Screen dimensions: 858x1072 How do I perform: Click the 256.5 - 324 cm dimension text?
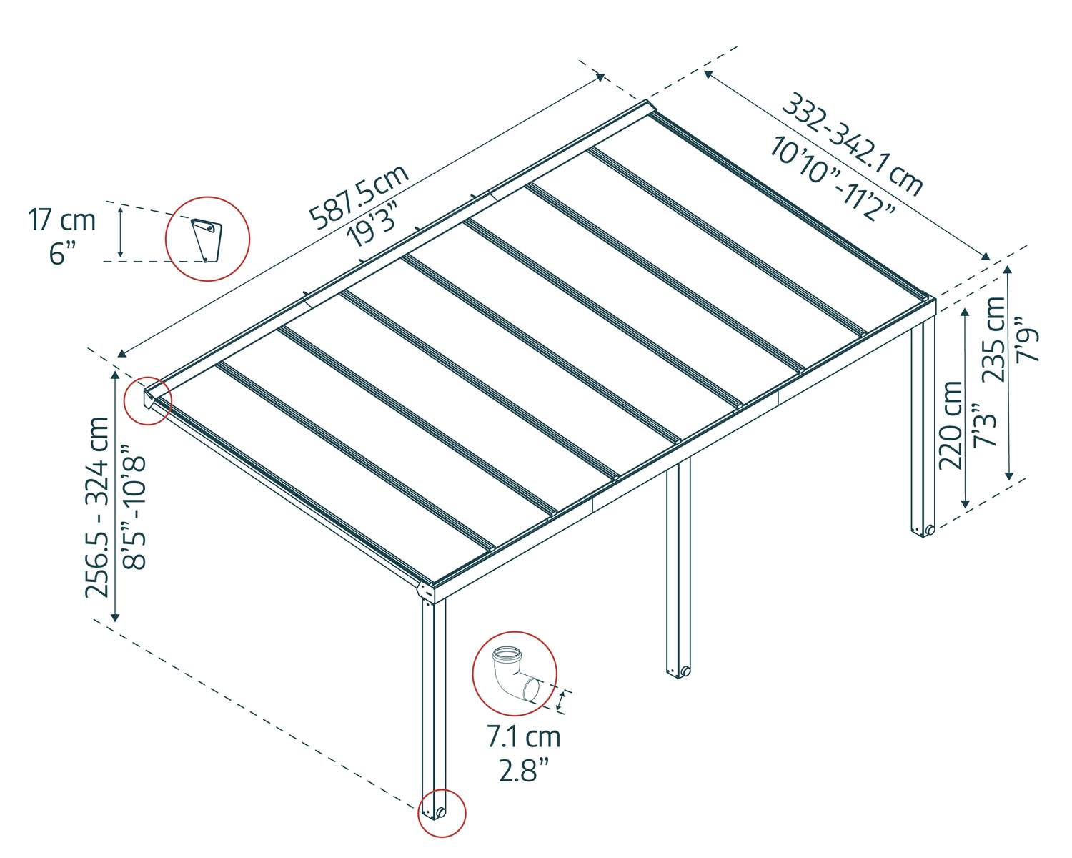[x=98, y=507]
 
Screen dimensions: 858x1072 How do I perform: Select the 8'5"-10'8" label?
[x=134, y=507]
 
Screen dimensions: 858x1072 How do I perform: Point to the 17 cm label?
[x=61, y=220]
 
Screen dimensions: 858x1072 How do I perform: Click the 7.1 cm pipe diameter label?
[x=523, y=736]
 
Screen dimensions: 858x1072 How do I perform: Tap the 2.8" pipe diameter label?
[x=523, y=771]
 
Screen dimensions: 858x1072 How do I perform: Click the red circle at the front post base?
[x=442, y=813]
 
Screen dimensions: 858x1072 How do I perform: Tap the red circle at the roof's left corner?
[x=148, y=400]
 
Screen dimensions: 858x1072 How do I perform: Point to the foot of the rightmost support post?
[x=923, y=530]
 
